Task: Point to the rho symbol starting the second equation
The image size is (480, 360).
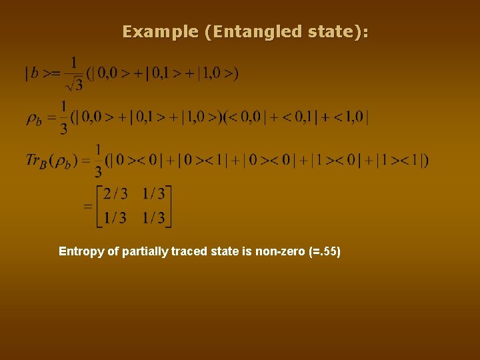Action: tap(33, 119)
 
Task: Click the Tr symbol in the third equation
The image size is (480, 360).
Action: tap(35, 161)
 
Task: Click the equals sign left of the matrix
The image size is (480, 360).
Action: tap(87, 206)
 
